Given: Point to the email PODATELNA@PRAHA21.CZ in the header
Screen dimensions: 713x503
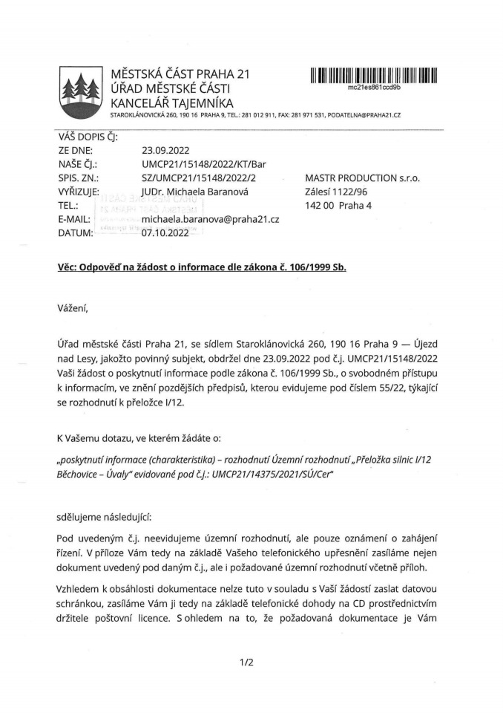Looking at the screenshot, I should point(369,116).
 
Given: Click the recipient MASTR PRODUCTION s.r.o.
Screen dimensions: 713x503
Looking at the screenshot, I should point(363,178).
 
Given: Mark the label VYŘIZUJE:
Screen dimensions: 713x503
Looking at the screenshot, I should point(79,192).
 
